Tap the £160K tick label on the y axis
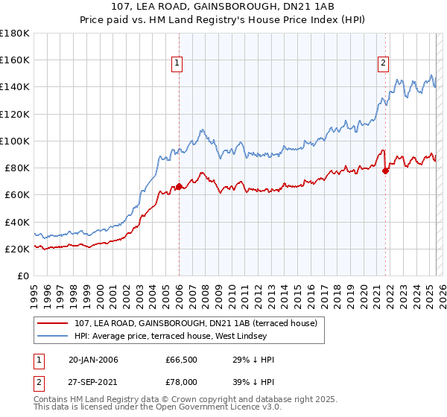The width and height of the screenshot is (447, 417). [x=15, y=60]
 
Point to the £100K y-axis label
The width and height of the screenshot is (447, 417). [x=15, y=141]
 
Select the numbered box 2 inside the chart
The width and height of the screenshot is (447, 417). [x=383, y=63]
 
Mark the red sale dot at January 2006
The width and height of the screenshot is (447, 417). [x=179, y=186]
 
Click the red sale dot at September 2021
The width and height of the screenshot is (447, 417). [x=385, y=171]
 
